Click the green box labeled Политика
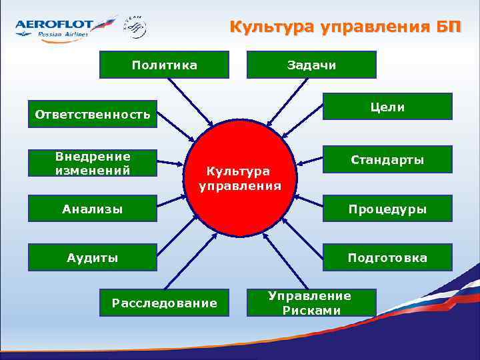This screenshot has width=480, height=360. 164,65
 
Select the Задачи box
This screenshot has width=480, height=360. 311,65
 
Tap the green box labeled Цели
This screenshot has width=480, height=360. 387,107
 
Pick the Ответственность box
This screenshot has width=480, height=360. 92,115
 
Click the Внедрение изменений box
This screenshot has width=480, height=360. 92,164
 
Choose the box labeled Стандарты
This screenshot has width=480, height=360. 387,160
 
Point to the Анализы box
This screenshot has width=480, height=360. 92,209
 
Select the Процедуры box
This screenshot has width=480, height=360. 387,209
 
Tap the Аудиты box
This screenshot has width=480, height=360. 92,257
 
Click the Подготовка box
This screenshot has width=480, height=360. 387,257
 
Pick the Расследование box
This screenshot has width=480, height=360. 164,303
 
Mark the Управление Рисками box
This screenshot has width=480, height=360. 311,303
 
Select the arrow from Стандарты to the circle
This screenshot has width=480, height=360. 307,159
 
